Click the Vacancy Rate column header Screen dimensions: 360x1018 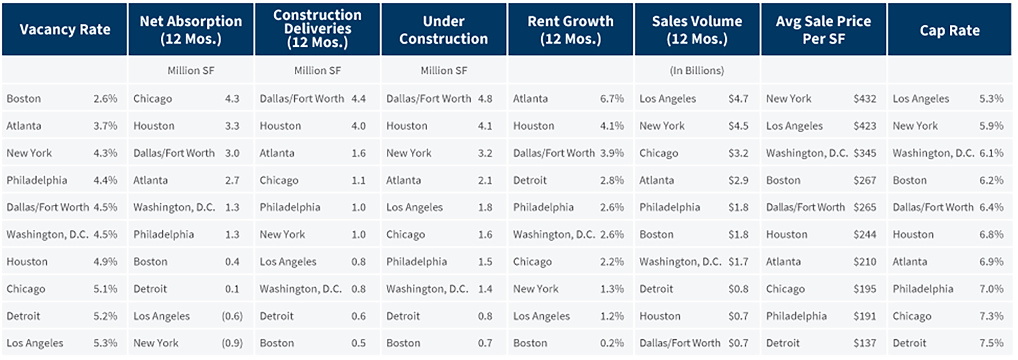point(65,30)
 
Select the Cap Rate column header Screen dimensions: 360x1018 point(949,30)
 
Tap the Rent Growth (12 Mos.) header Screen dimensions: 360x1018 point(570,30)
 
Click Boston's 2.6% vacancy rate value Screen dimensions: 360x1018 point(105,99)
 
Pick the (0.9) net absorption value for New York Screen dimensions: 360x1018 point(232,343)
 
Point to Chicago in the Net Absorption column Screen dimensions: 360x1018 point(152,99)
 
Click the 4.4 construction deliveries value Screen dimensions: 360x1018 point(358,99)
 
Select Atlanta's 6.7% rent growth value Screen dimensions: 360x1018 point(611,99)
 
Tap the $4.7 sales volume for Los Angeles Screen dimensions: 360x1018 point(738,99)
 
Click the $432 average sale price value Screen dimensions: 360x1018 point(865,99)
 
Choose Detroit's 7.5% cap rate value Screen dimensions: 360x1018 point(991,343)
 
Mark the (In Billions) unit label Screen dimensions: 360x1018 point(696,71)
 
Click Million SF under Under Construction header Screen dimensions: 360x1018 point(443,71)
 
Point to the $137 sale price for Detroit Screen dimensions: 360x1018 point(865,343)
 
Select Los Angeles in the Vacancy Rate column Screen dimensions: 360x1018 point(35,343)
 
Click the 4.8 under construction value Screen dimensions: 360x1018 point(485,99)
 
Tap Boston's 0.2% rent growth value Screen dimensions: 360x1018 point(611,343)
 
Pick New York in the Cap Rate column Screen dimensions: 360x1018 point(915,126)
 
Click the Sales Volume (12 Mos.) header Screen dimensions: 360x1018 point(696,30)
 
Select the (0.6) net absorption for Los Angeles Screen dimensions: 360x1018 point(232,316)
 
